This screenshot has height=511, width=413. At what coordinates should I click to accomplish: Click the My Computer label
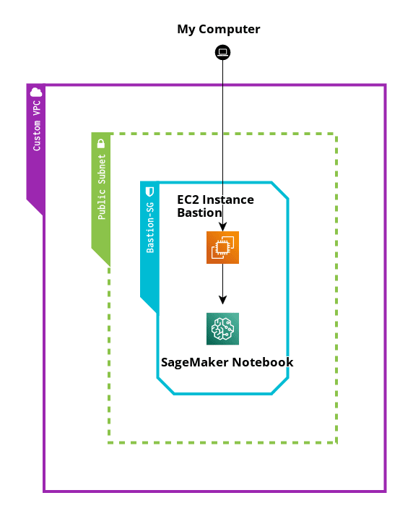pyautogui.click(x=218, y=30)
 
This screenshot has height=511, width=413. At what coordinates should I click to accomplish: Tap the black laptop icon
pyautogui.click(x=222, y=52)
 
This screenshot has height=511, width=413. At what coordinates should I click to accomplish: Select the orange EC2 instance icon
pyautogui.click(x=222, y=247)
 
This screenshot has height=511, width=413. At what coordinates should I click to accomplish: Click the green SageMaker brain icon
pyautogui.click(x=222, y=328)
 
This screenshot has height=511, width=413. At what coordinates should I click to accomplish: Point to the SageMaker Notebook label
pyautogui.click(x=227, y=362)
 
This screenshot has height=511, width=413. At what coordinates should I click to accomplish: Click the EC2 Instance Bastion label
pyautogui.click(x=215, y=206)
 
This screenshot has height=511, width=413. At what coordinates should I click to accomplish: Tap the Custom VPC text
pyautogui.click(x=37, y=126)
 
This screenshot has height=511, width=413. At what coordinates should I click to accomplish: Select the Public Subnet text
pyautogui.click(x=102, y=186)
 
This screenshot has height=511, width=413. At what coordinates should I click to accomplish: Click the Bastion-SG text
pyautogui.click(x=150, y=228)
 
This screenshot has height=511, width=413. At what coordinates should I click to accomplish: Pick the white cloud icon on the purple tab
pyautogui.click(x=36, y=93)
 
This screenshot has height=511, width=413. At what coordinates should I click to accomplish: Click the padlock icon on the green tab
pyautogui.click(x=101, y=143)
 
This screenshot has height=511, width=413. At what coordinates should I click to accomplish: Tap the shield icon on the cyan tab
pyautogui.click(x=149, y=192)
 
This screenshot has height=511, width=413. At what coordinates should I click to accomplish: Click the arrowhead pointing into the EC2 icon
pyautogui.click(x=222, y=227)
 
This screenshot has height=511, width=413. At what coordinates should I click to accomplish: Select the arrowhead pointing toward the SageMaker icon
pyautogui.click(x=222, y=300)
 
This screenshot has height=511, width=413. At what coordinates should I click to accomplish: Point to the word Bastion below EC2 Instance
pyautogui.click(x=199, y=212)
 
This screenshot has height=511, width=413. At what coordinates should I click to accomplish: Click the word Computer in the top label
pyautogui.click(x=230, y=30)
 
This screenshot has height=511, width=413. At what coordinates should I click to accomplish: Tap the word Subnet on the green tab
pyautogui.click(x=102, y=169)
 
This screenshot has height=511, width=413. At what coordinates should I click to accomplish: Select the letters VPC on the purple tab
pyautogui.click(x=37, y=108)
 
